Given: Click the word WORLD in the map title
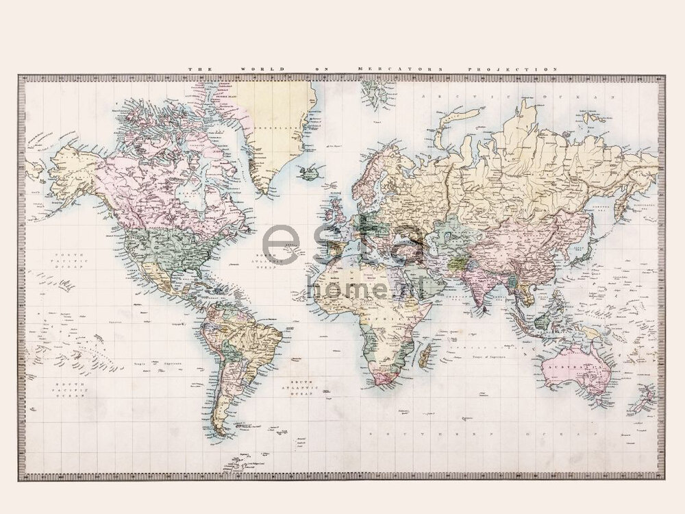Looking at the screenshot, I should (252, 69).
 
